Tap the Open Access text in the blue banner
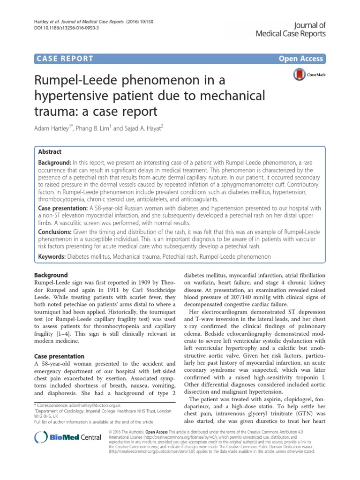[x=301, y=59]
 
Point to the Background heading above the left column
[x=52, y=275]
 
